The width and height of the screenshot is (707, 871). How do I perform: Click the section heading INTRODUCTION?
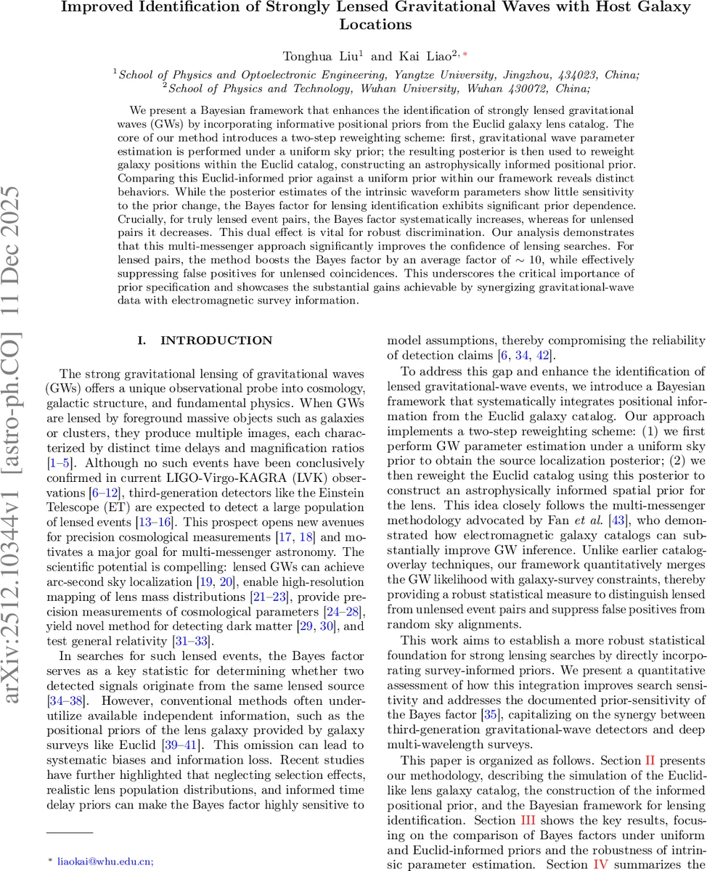216,340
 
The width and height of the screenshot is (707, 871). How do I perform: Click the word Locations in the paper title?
376,24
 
